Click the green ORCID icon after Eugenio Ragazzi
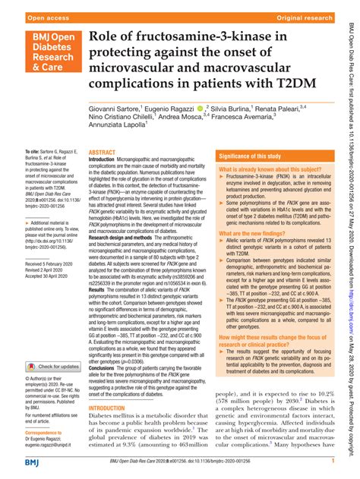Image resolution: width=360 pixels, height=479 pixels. coord(200,109)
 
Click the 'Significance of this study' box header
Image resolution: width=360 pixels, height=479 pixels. coord(259,156)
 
